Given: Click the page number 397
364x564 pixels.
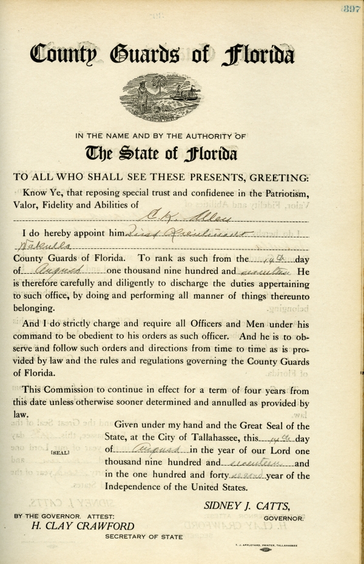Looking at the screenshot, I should point(351,8).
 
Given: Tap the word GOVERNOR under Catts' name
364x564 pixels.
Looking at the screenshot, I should point(283,518).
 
